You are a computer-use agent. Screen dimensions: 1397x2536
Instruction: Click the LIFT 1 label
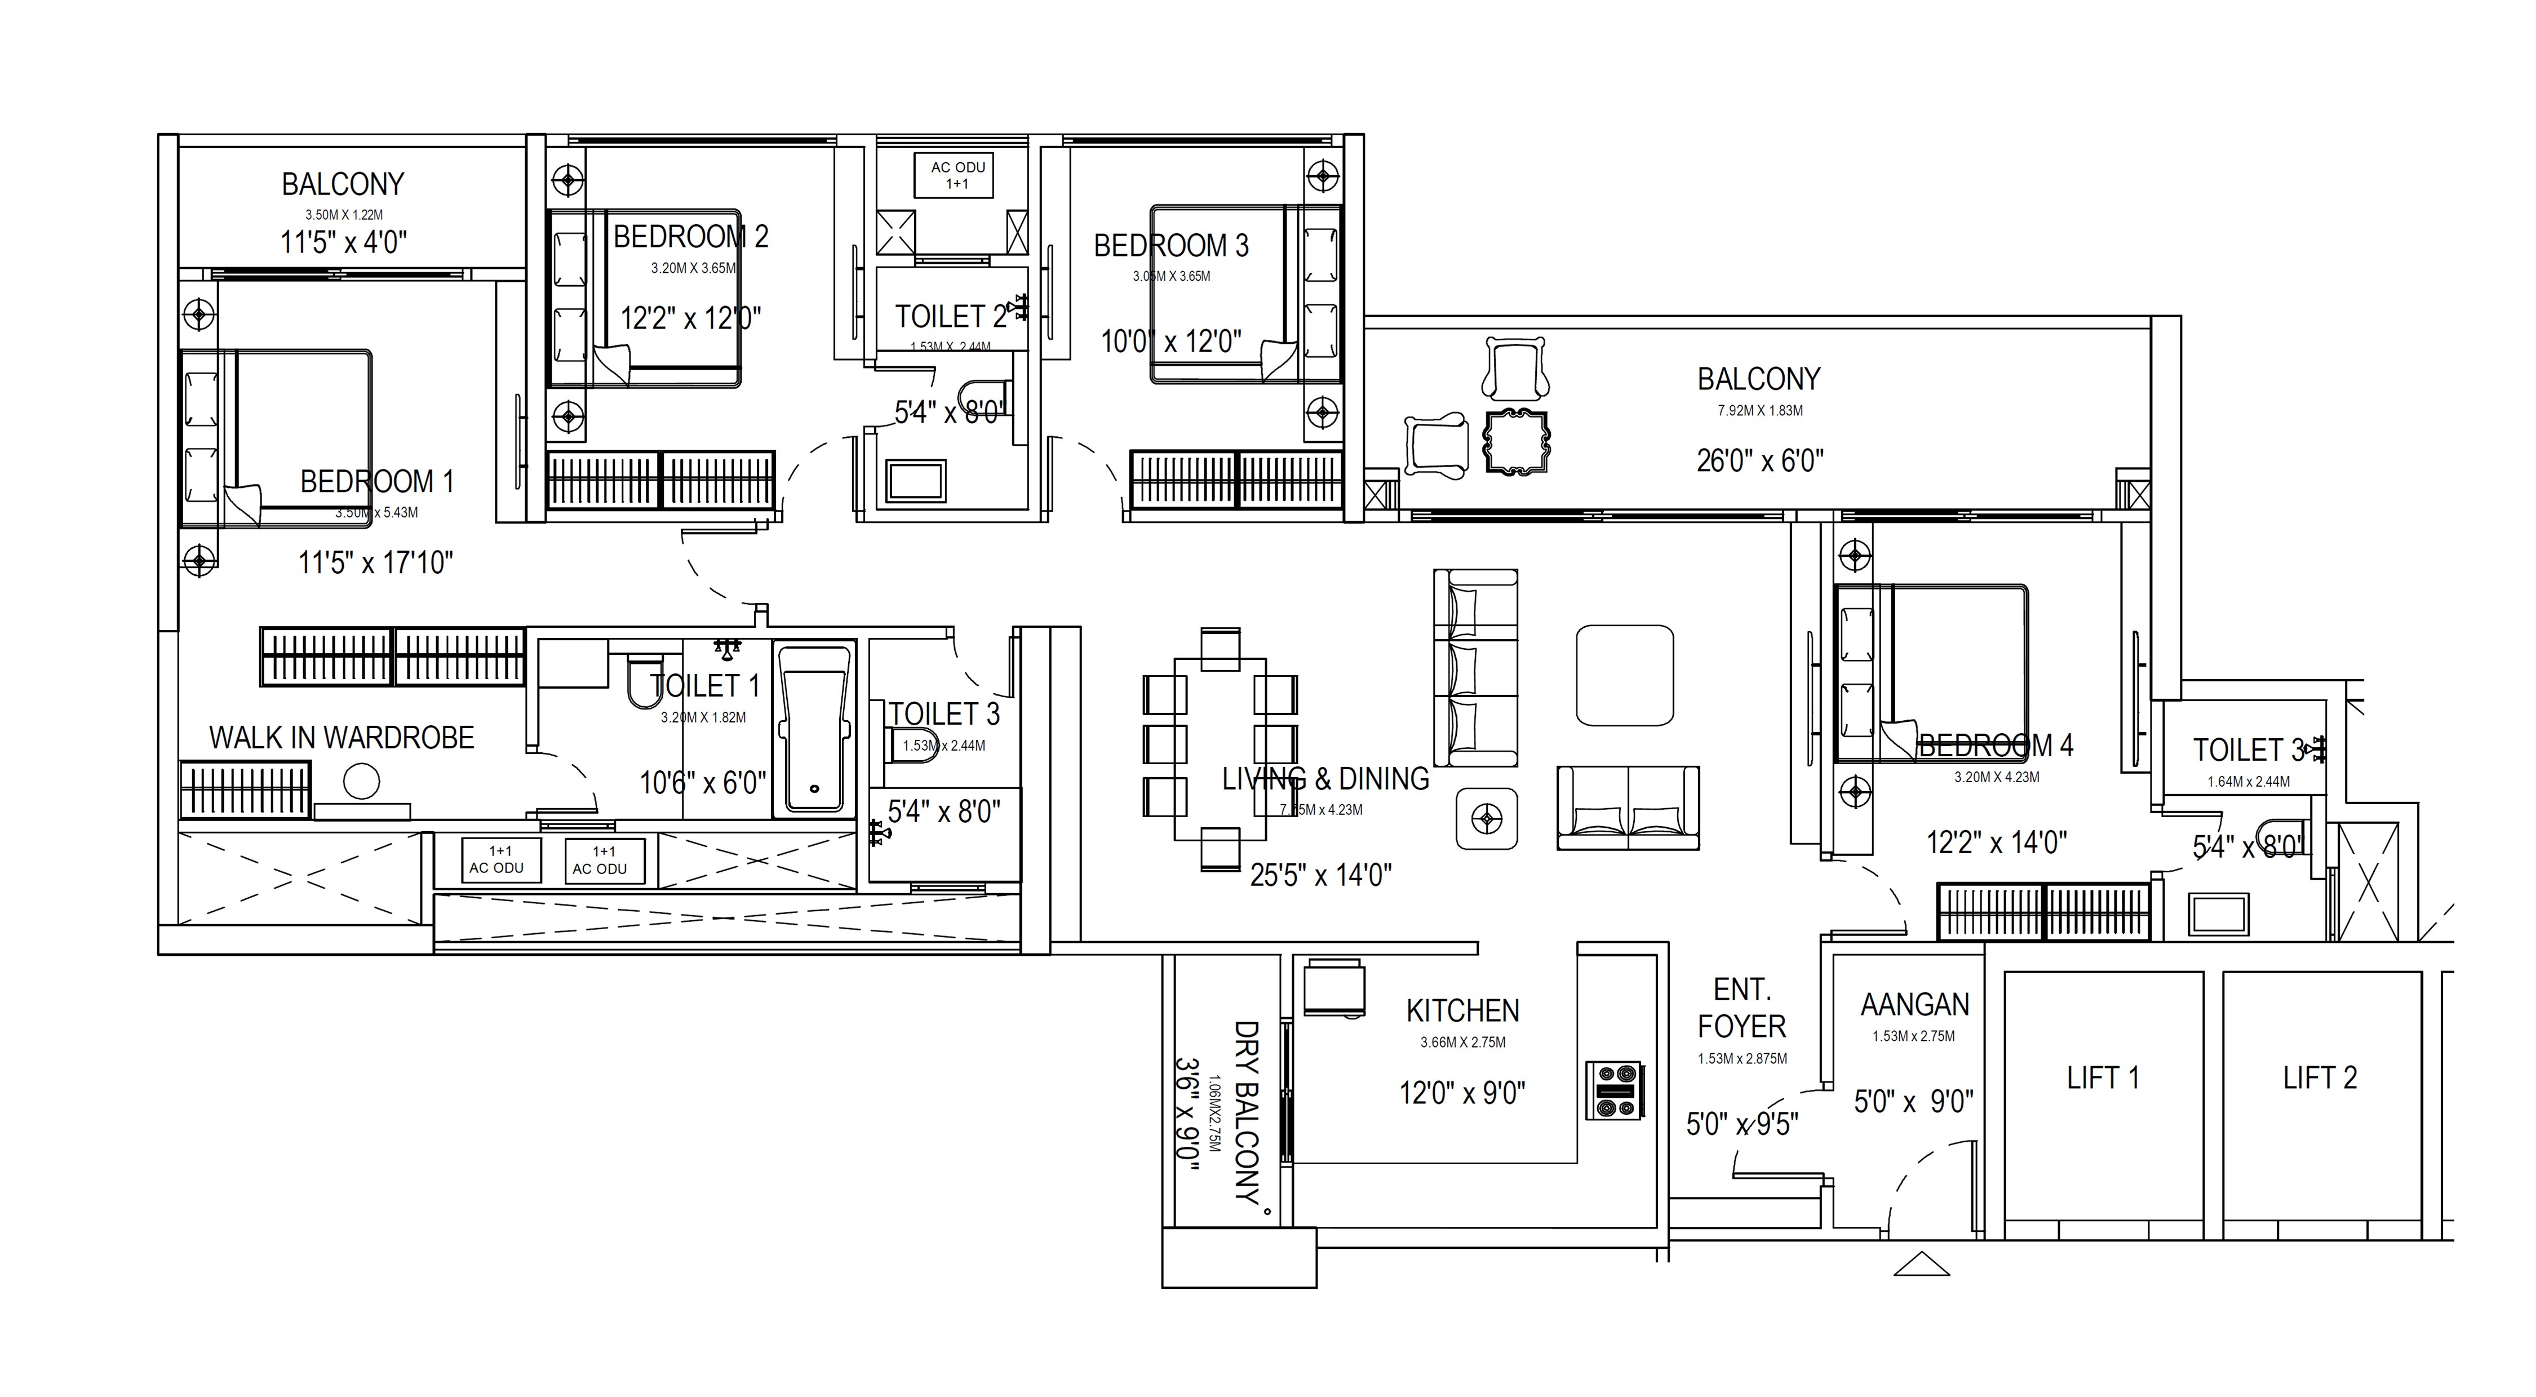[x=2103, y=1078]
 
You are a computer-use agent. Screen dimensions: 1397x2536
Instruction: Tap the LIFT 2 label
[x=2320, y=1078]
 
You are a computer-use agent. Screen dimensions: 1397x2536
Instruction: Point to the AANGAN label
[x=1914, y=1005]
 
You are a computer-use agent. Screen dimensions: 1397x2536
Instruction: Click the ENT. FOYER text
[x=1741, y=1008]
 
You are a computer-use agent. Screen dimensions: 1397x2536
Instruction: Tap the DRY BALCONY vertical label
[x=1247, y=1112]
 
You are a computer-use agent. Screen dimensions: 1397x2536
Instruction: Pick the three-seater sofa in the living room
[x=1475, y=667]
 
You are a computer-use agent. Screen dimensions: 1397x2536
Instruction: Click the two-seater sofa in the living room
[x=1628, y=808]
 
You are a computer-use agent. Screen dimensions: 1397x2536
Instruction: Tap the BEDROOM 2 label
[x=690, y=237]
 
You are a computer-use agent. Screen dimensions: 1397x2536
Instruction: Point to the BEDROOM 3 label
[x=1171, y=246]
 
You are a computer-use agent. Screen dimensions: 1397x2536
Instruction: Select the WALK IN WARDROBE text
[x=342, y=738]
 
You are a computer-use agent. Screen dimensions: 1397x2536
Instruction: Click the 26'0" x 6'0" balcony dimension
[x=1759, y=461]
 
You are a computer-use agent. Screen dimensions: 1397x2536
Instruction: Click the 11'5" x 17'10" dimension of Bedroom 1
[x=375, y=563]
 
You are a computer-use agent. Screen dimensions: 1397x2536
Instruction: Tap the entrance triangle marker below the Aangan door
[x=1921, y=1264]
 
